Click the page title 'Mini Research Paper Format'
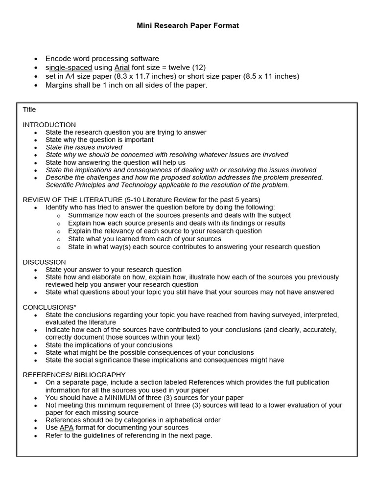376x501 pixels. (x=188, y=25)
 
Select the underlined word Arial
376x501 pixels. (x=122, y=68)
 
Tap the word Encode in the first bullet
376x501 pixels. (x=58, y=59)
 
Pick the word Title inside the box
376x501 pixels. (x=29, y=110)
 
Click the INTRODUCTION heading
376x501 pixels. (x=49, y=125)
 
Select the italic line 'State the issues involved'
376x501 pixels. (x=84, y=147)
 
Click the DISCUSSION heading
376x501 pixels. (x=44, y=262)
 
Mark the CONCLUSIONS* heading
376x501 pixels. (x=49, y=307)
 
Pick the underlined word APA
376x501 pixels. (x=66, y=428)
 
